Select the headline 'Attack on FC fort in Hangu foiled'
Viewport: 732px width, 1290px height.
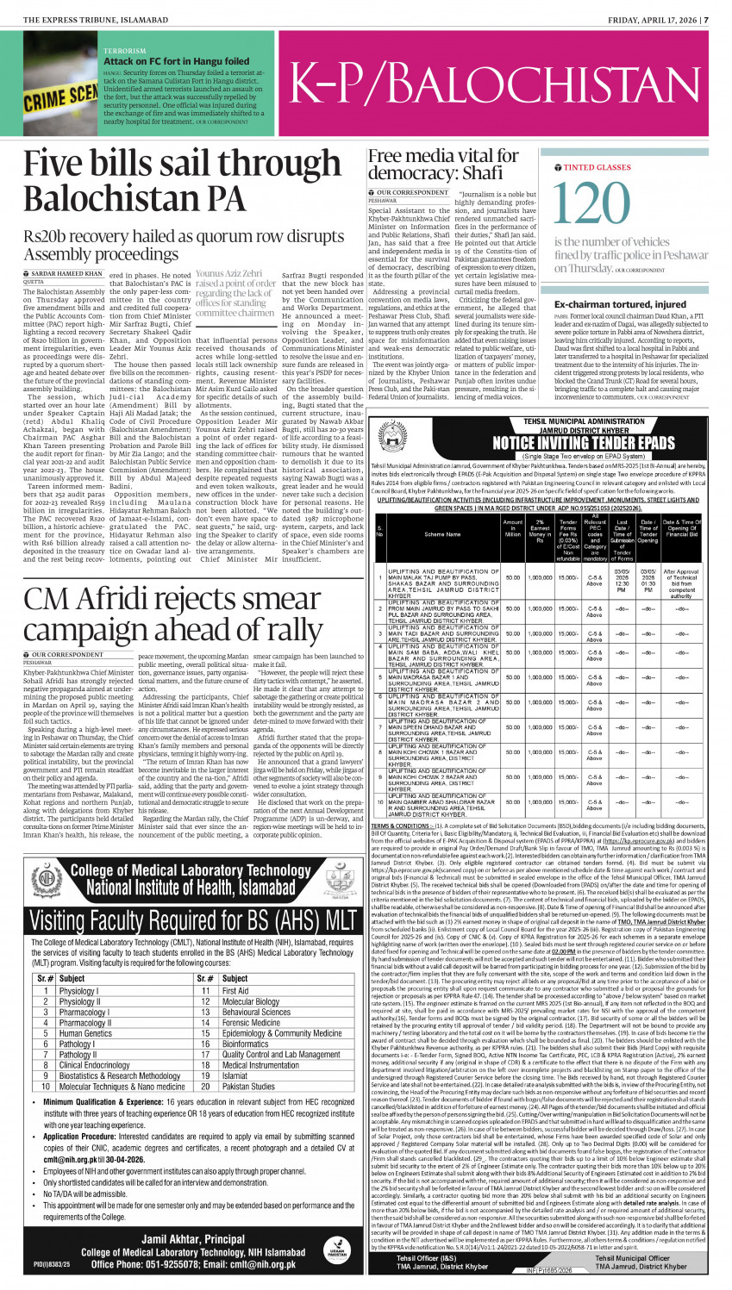176,62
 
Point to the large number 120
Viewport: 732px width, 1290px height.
595,204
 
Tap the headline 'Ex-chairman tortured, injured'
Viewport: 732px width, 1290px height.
620,303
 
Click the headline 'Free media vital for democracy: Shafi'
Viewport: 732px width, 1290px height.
443,164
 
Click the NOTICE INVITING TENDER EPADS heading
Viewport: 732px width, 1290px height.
560,419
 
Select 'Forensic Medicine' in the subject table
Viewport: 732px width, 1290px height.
253,1023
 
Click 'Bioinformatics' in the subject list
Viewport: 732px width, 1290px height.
246,1044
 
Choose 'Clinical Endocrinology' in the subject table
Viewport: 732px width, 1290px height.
94,1065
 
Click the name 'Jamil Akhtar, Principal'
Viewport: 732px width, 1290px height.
182,1238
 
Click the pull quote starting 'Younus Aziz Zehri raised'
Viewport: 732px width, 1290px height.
235,294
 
